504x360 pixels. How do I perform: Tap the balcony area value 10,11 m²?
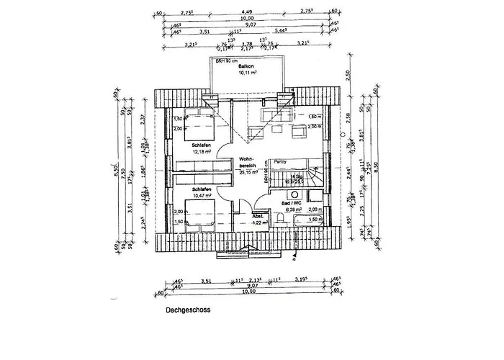click(247, 72)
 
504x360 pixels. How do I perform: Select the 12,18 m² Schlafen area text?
click(201, 152)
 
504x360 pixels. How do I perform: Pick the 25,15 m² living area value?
click(248, 173)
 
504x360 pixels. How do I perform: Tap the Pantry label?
click(281, 163)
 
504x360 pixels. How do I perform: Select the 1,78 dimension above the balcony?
click(247, 44)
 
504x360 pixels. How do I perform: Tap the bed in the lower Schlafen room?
click(197, 212)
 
